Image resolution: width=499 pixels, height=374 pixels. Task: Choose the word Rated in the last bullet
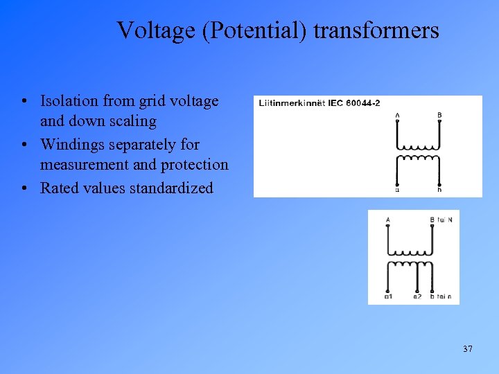(x=59, y=188)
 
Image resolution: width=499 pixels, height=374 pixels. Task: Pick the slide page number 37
(x=468, y=348)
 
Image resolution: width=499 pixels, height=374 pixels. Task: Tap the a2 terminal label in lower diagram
(x=417, y=297)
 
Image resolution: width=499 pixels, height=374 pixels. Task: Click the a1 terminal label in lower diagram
(x=388, y=297)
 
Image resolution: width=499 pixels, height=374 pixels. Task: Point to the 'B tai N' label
(x=441, y=220)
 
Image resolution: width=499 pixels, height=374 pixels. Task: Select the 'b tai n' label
(x=440, y=297)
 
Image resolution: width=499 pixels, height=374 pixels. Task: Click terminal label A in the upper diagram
(x=397, y=114)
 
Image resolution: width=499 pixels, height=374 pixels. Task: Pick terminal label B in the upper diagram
(x=439, y=114)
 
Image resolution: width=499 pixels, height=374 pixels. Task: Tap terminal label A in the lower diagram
(x=387, y=220)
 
